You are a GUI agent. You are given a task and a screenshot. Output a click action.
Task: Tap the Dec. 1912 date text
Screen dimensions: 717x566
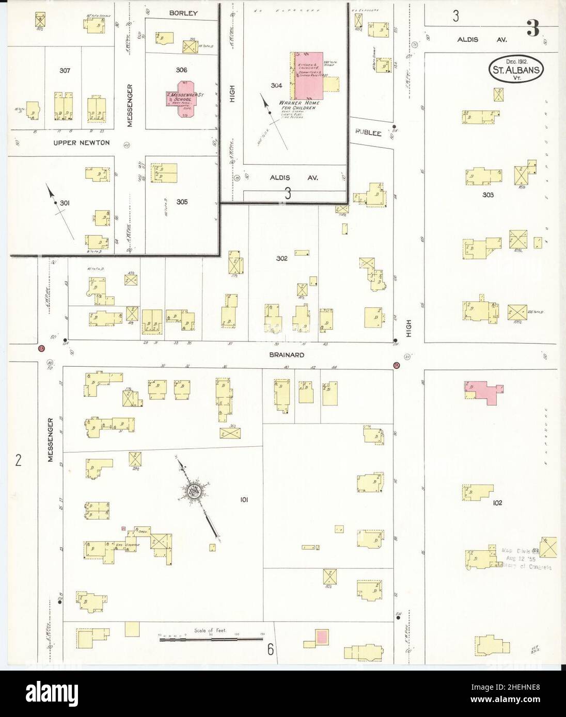(x=516, y=60)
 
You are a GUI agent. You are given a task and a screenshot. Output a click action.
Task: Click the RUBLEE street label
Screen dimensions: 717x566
(x=368, y=133)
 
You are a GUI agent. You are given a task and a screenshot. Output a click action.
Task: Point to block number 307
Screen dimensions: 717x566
(x=65, y=71)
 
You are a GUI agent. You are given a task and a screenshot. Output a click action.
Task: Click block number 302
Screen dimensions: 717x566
(x=281, y=258)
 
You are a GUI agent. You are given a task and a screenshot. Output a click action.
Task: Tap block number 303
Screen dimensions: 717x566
(x=488, y=195)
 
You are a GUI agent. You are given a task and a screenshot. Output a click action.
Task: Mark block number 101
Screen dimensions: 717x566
(x=245, y=499)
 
